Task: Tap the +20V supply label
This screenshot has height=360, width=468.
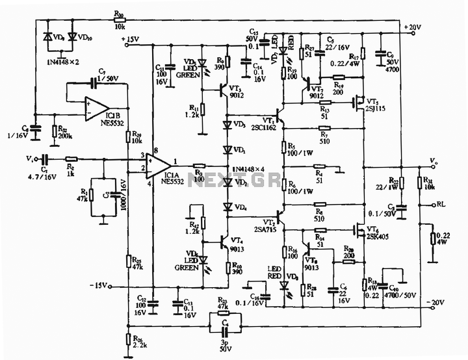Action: pos(413,27)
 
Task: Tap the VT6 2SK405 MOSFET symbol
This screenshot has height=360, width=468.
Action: pos(357,229)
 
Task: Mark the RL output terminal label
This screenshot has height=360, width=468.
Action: pos(441,203)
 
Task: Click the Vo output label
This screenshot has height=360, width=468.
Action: pos(434,158)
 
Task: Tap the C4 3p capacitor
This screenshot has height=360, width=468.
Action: pos(225,322)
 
